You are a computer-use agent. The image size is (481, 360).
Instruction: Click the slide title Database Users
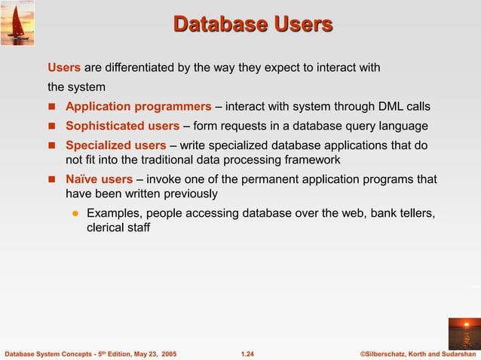point(253,24)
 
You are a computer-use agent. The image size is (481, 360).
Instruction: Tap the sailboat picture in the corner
point(17,22)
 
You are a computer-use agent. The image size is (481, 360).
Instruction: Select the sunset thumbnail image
point(463,333)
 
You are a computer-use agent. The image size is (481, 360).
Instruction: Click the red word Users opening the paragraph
point(64,68)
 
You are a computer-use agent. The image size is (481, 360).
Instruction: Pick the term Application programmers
point(138,106)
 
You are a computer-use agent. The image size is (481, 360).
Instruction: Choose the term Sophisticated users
point(122,126)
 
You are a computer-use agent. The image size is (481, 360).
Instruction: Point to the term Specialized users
point(115,145)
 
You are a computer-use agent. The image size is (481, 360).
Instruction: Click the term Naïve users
point(99,179)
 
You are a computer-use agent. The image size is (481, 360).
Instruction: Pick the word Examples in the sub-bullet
point(112,213)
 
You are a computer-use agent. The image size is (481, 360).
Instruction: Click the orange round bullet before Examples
point(75,213)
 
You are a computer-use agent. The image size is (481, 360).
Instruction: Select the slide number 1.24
point(247,353)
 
